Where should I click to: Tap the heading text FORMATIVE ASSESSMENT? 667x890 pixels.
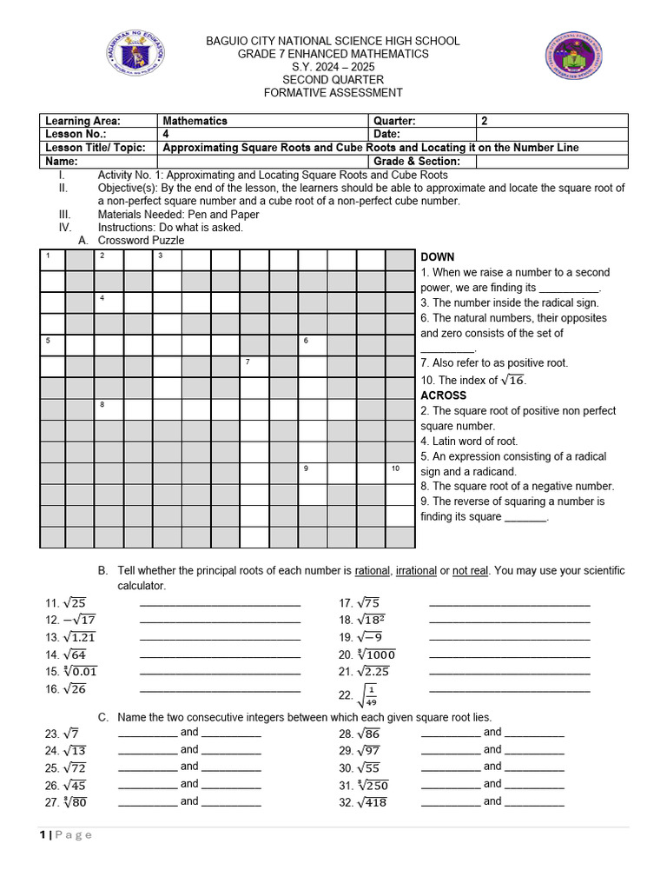click(x=333, y=93)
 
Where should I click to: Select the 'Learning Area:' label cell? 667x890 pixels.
click(x=99, y=121)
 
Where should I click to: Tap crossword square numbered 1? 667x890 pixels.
click(x=52, y=260)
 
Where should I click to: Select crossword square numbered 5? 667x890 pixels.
click(x=52, y=345)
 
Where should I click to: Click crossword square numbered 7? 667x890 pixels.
click(x=254, y=366)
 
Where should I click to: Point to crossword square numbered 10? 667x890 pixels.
click(x=400, y=473)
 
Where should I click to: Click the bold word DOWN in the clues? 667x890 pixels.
click(x=438, y=257)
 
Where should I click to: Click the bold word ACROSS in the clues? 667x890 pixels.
click(x=443, y=395)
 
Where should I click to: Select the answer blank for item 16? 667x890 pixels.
click(x=220, y=689)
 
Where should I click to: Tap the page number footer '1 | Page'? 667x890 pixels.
click(x=66, y=835)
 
